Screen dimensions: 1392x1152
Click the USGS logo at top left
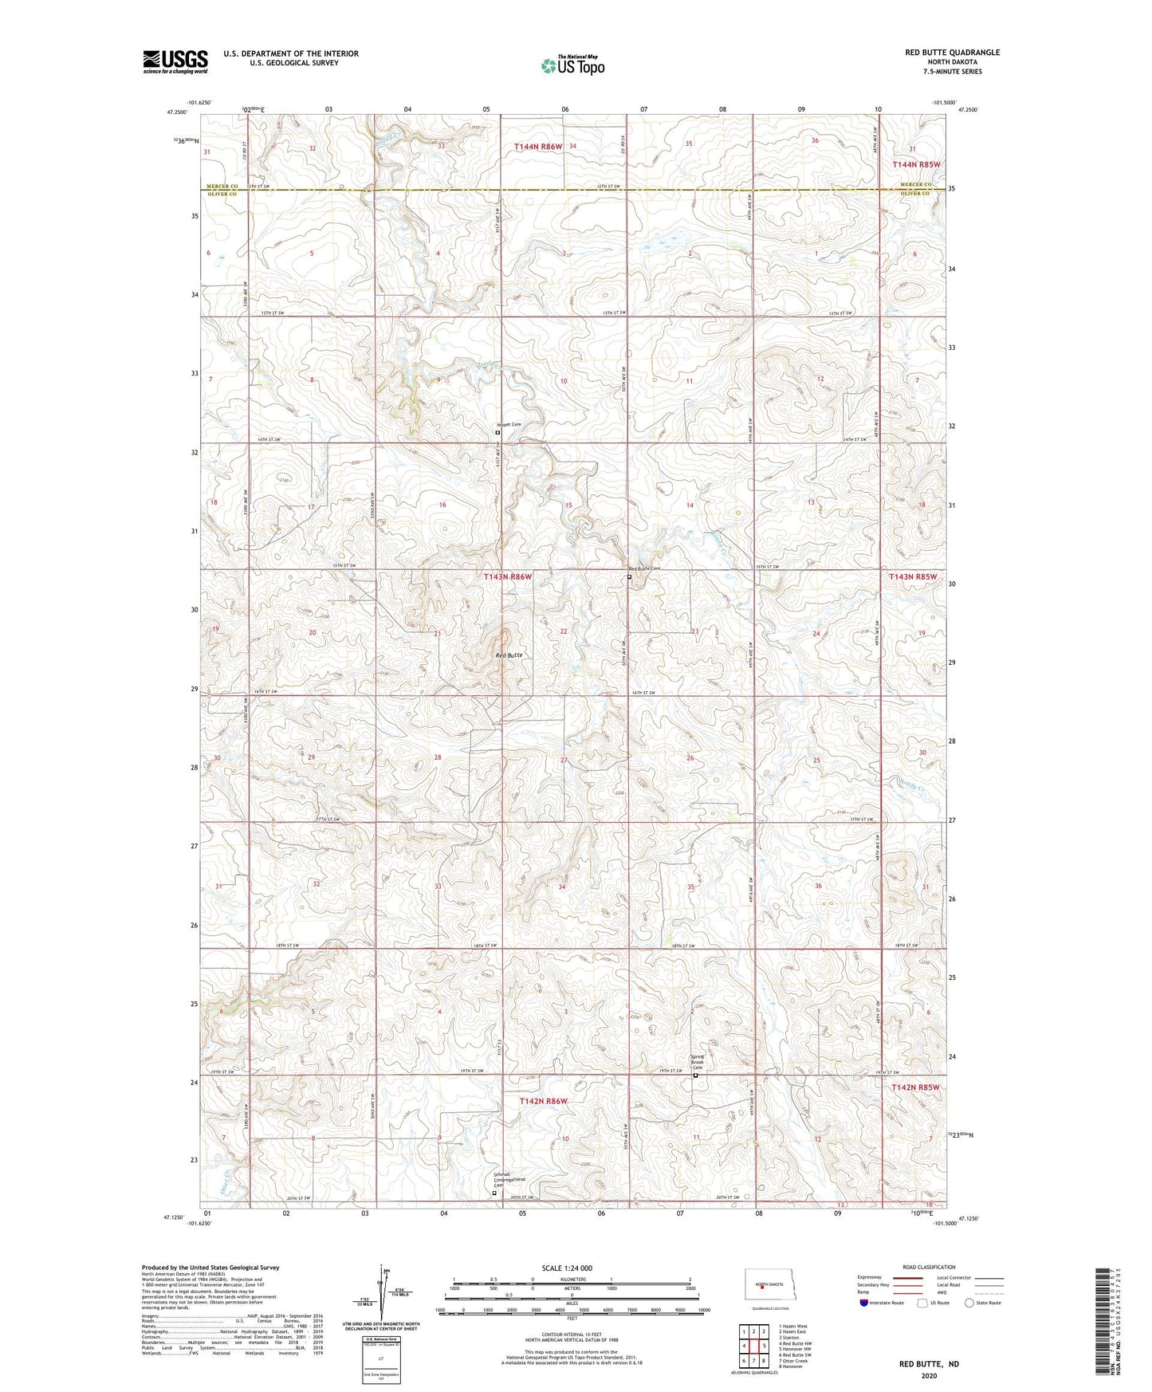click(x=175, y=61)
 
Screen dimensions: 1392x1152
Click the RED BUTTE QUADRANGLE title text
click(x=952, y=53)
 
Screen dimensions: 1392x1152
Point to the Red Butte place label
click(x=509, y=655)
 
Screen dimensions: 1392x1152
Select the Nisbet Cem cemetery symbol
click(x=498, y=432)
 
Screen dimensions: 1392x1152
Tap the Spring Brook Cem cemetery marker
click(x=694, y=1075)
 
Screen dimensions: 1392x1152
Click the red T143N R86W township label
click(x=507, y=576)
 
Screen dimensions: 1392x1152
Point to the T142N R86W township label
click(x=543, y=1101)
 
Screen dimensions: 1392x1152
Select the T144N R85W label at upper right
click(x=916, y=164)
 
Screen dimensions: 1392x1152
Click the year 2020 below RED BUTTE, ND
click(x=929, y=1376)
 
